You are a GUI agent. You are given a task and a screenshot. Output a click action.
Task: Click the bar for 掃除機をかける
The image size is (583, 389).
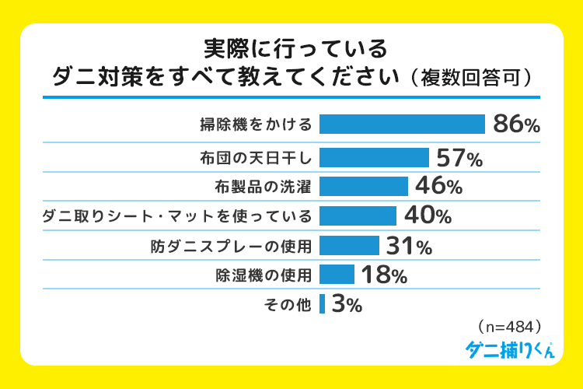402,124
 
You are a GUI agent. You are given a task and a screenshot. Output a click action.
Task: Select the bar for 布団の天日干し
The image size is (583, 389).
374,158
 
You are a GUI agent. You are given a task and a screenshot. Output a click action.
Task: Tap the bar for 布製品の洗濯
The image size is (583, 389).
363,186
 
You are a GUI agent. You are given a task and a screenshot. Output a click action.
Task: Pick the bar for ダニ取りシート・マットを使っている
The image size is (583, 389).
358,215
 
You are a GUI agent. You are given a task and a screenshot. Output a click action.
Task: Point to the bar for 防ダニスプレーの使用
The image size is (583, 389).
349,246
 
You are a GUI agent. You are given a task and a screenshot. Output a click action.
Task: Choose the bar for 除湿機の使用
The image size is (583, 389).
337,274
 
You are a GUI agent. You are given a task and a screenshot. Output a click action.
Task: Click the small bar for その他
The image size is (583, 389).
322,303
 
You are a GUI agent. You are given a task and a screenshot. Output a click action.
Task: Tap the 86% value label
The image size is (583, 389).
516,125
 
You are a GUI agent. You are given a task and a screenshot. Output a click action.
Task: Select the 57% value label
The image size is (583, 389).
459,159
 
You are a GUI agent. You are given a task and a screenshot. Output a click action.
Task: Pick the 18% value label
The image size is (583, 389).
382,275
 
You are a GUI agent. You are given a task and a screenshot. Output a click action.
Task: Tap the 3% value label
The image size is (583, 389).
346,304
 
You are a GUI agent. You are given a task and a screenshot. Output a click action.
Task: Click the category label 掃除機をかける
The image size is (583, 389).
255,124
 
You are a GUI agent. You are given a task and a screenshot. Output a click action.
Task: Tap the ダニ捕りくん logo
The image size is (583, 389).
510,349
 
